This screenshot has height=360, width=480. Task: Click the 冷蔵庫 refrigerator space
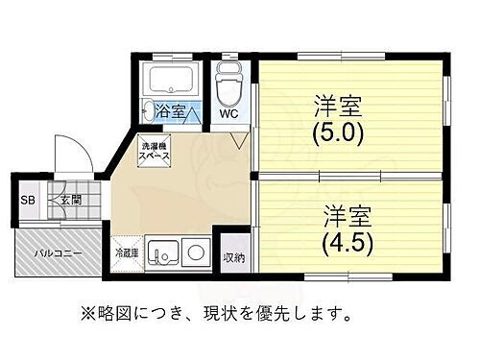click(128, 253)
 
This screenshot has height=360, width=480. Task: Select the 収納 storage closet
click(234, 256)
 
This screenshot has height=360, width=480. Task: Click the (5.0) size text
click(338, 132)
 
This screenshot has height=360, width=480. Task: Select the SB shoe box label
click(28, 201)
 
